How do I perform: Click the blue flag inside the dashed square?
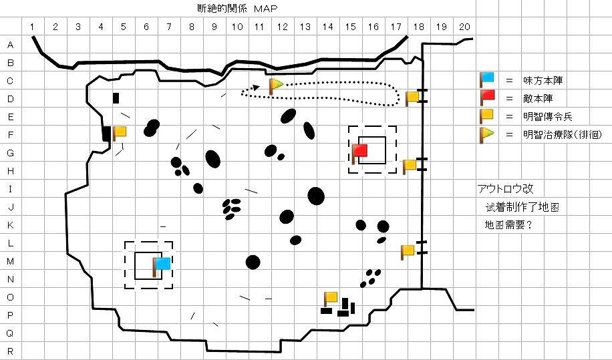pyautogui.click(x=161, y=266)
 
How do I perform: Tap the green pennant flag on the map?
pyautogui.click(x=275, y=85)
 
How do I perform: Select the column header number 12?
pyautogui.click(x=282, y=27)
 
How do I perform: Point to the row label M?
pyautogui.click(x=11, y=261)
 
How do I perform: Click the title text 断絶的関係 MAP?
pyautogui.click(x=237, y=8)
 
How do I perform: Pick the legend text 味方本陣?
pyautogui.click(x=543, y=81)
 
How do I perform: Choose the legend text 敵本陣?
pyautogui.click(x=538, y=98)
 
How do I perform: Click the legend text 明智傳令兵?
pyautogui.click(x=548, y=117)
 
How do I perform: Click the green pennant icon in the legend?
pyautogui.click(x=486, y=135)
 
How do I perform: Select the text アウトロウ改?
pyautogui.click(x=506, y=189)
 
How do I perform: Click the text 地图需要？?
pyautogui.click(x=508, y=225)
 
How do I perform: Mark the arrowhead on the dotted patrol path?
pyautogui.click(x=256, y=87)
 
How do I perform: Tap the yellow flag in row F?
pyautogui.click(x=120, y=134)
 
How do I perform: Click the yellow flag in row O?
pyautogui.click(x=331, y=299)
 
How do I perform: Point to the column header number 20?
pyautogui.click(x=464, y=27)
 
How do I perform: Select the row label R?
pyautogui.click(x=11, y=351)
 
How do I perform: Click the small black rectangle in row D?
pyautogui.click(x=116, y=98)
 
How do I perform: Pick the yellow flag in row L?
pyautogui.click(x=408, y=252)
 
